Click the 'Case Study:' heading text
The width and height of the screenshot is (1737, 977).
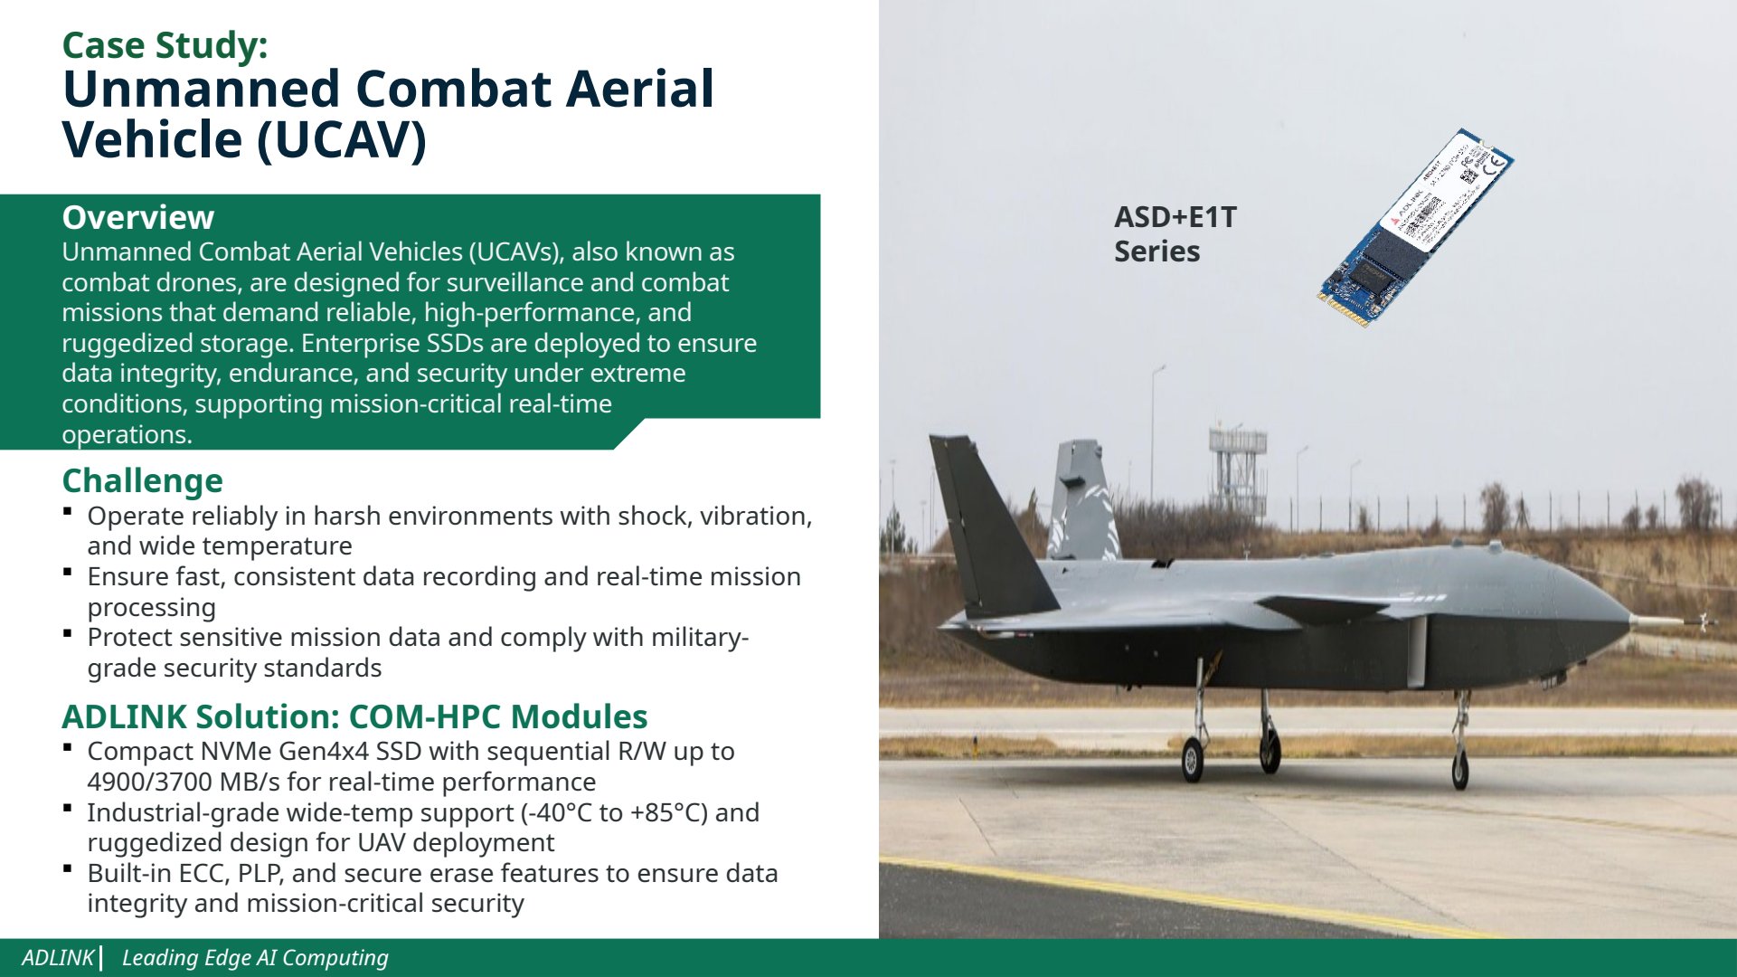165,45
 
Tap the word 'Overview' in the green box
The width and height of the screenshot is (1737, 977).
137,217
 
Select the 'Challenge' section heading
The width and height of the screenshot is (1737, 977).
142,480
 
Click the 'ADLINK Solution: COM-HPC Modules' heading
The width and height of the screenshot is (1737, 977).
354,716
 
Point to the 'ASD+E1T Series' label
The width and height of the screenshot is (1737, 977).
1175,233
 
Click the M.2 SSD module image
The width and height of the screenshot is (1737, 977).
1415,226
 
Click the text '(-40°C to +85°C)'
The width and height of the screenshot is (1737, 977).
614,812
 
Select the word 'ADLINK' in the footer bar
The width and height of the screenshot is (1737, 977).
58,957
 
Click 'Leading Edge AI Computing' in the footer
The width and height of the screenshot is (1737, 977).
255,958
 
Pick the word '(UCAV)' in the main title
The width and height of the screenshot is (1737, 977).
341,140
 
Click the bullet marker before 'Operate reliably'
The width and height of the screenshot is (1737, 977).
68,511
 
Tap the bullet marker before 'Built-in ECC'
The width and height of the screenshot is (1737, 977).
68,868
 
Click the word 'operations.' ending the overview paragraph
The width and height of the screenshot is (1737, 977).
127,435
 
